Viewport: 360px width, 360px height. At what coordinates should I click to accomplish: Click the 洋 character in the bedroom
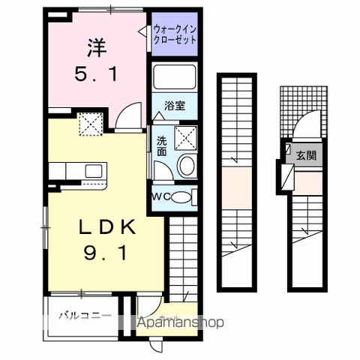click(x=95, y=48)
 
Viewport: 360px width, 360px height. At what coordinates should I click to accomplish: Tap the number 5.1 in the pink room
click(x=95, y=75)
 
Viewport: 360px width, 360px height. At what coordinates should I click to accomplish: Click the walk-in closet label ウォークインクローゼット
click(x=174, y=34)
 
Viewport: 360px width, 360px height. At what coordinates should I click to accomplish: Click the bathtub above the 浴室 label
click(x=174, y=79)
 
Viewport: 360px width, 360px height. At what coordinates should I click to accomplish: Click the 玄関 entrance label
click(x=305, y=156)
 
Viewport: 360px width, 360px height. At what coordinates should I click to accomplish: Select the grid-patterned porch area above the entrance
click(x=303, y=105)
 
